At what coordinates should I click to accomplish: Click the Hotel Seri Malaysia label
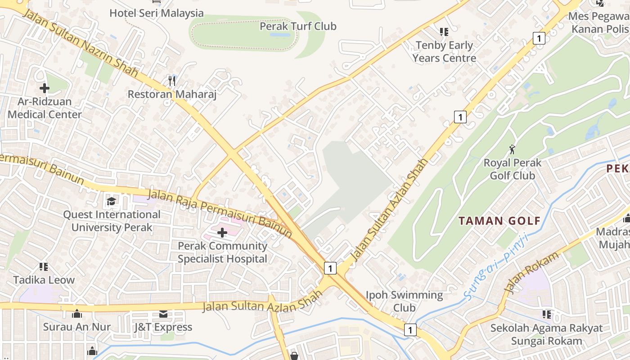156,13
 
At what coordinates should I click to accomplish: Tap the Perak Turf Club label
298,26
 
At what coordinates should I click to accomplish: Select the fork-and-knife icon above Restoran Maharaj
171,81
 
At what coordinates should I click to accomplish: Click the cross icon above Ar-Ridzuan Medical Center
44,88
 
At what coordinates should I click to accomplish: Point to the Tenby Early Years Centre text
444,52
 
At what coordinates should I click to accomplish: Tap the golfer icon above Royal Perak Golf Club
512,149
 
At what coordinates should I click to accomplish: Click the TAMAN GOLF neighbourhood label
499,221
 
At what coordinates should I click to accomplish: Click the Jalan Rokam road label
532,273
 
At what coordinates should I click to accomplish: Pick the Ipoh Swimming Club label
404,301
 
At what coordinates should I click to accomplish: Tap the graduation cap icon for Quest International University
111,201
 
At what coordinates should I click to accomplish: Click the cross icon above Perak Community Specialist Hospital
222,233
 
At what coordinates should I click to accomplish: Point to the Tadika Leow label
44,280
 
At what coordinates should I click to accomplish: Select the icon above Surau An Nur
76,314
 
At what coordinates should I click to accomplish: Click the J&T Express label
163,327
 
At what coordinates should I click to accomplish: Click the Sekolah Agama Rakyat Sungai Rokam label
546,334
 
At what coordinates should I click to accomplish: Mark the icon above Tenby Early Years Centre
444,31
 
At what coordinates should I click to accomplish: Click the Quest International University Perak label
112,221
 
